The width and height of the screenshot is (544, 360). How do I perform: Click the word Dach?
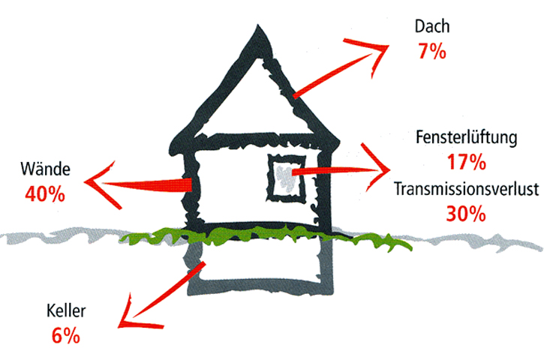click(431, 28)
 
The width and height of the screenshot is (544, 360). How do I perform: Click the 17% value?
click(466, 161)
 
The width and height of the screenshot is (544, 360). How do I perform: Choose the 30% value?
click(466, 213)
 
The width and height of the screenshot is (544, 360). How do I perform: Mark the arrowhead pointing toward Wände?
click(94, 180)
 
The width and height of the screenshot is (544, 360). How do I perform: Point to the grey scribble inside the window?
click(283, 176)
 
